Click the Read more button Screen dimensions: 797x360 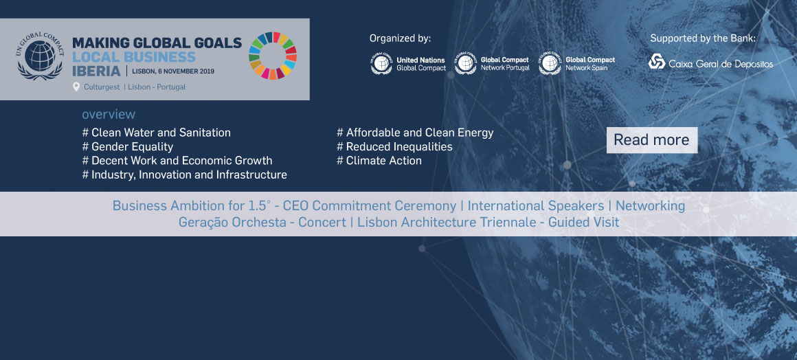point(651,140)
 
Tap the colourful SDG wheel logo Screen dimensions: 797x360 point(273,56)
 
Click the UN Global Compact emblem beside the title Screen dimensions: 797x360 point(40,56)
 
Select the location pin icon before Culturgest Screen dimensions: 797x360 point(76,87)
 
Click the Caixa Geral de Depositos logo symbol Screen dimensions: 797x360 point(657,62)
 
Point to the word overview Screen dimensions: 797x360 point(109,115)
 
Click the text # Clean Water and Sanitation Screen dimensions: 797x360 point(157,133)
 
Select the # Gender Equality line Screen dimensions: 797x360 point(128,147)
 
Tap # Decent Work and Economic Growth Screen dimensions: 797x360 point(177,161)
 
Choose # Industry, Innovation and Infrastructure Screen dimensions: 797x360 point(185,175)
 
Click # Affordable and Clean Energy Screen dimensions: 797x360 point(415,133)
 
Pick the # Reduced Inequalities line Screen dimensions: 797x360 point(394,147)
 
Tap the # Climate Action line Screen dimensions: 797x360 point(379,161)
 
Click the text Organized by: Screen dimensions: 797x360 point(400,38)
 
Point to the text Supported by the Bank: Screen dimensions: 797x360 point(703,38)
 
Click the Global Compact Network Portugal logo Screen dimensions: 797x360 point(492,64)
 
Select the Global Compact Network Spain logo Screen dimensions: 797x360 point(577,64)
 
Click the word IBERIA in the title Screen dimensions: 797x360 point(97,71)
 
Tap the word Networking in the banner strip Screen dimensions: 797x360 point(650,206)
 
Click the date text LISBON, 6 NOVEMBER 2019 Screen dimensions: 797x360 point(173,71)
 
